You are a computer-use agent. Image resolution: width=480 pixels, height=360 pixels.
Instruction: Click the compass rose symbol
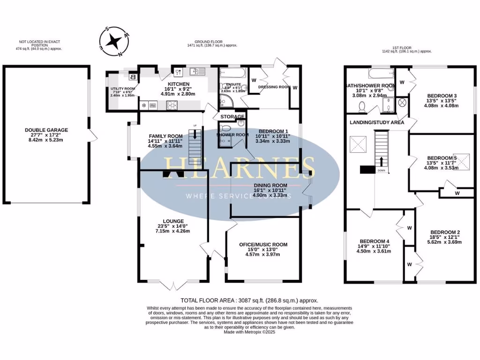tap(113, 42)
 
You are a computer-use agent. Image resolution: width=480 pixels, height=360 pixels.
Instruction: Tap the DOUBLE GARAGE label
tap(46, 130)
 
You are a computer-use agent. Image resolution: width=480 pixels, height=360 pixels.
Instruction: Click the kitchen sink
tap(196, 72)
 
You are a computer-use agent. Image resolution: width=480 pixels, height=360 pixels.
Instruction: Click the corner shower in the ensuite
tap(225, 100)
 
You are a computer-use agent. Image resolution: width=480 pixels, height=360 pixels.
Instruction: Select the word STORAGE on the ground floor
tap(232, 117)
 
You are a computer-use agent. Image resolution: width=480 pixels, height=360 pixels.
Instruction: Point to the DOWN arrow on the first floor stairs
tap(381, 162)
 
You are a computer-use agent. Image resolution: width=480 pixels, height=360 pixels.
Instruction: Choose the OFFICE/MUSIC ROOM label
tap(263, 245)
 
